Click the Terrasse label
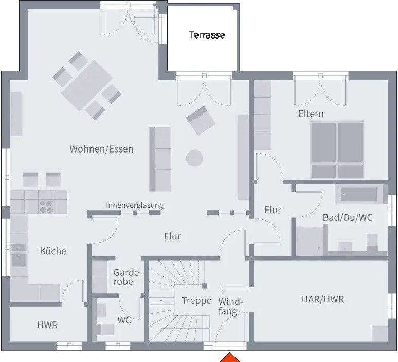(207, 35)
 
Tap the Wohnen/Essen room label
(101, 149)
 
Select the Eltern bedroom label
(311, 113)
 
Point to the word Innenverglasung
(135, 205)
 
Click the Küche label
(53, 251)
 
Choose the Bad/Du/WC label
(348, 218)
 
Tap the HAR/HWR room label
(323, 299)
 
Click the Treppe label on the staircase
(197, 301)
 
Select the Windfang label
(230, 307)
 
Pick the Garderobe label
(126, 277)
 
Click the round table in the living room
(194, 158)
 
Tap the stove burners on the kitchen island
(46, 206)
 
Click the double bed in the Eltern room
(337, 150)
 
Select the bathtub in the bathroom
(358, 195)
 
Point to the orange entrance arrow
(230, 357)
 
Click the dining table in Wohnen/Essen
(87, 85)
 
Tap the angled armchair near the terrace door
(201, 121)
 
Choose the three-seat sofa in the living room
(160, 159)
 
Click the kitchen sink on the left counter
(19, 260)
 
